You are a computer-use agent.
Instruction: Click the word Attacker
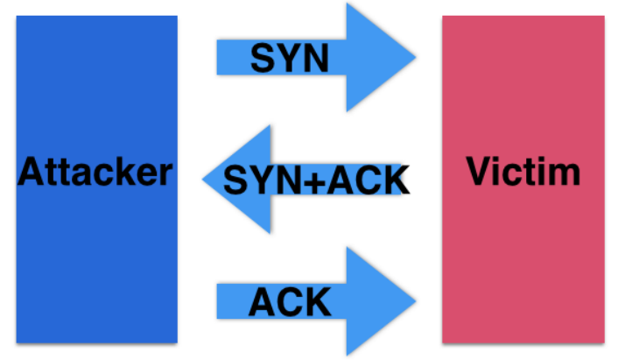coord(95,172)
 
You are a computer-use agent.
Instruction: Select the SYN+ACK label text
coord(316,180)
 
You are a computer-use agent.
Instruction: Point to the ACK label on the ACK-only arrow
coord(289,302)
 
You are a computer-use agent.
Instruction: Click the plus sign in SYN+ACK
coord(316,180)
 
